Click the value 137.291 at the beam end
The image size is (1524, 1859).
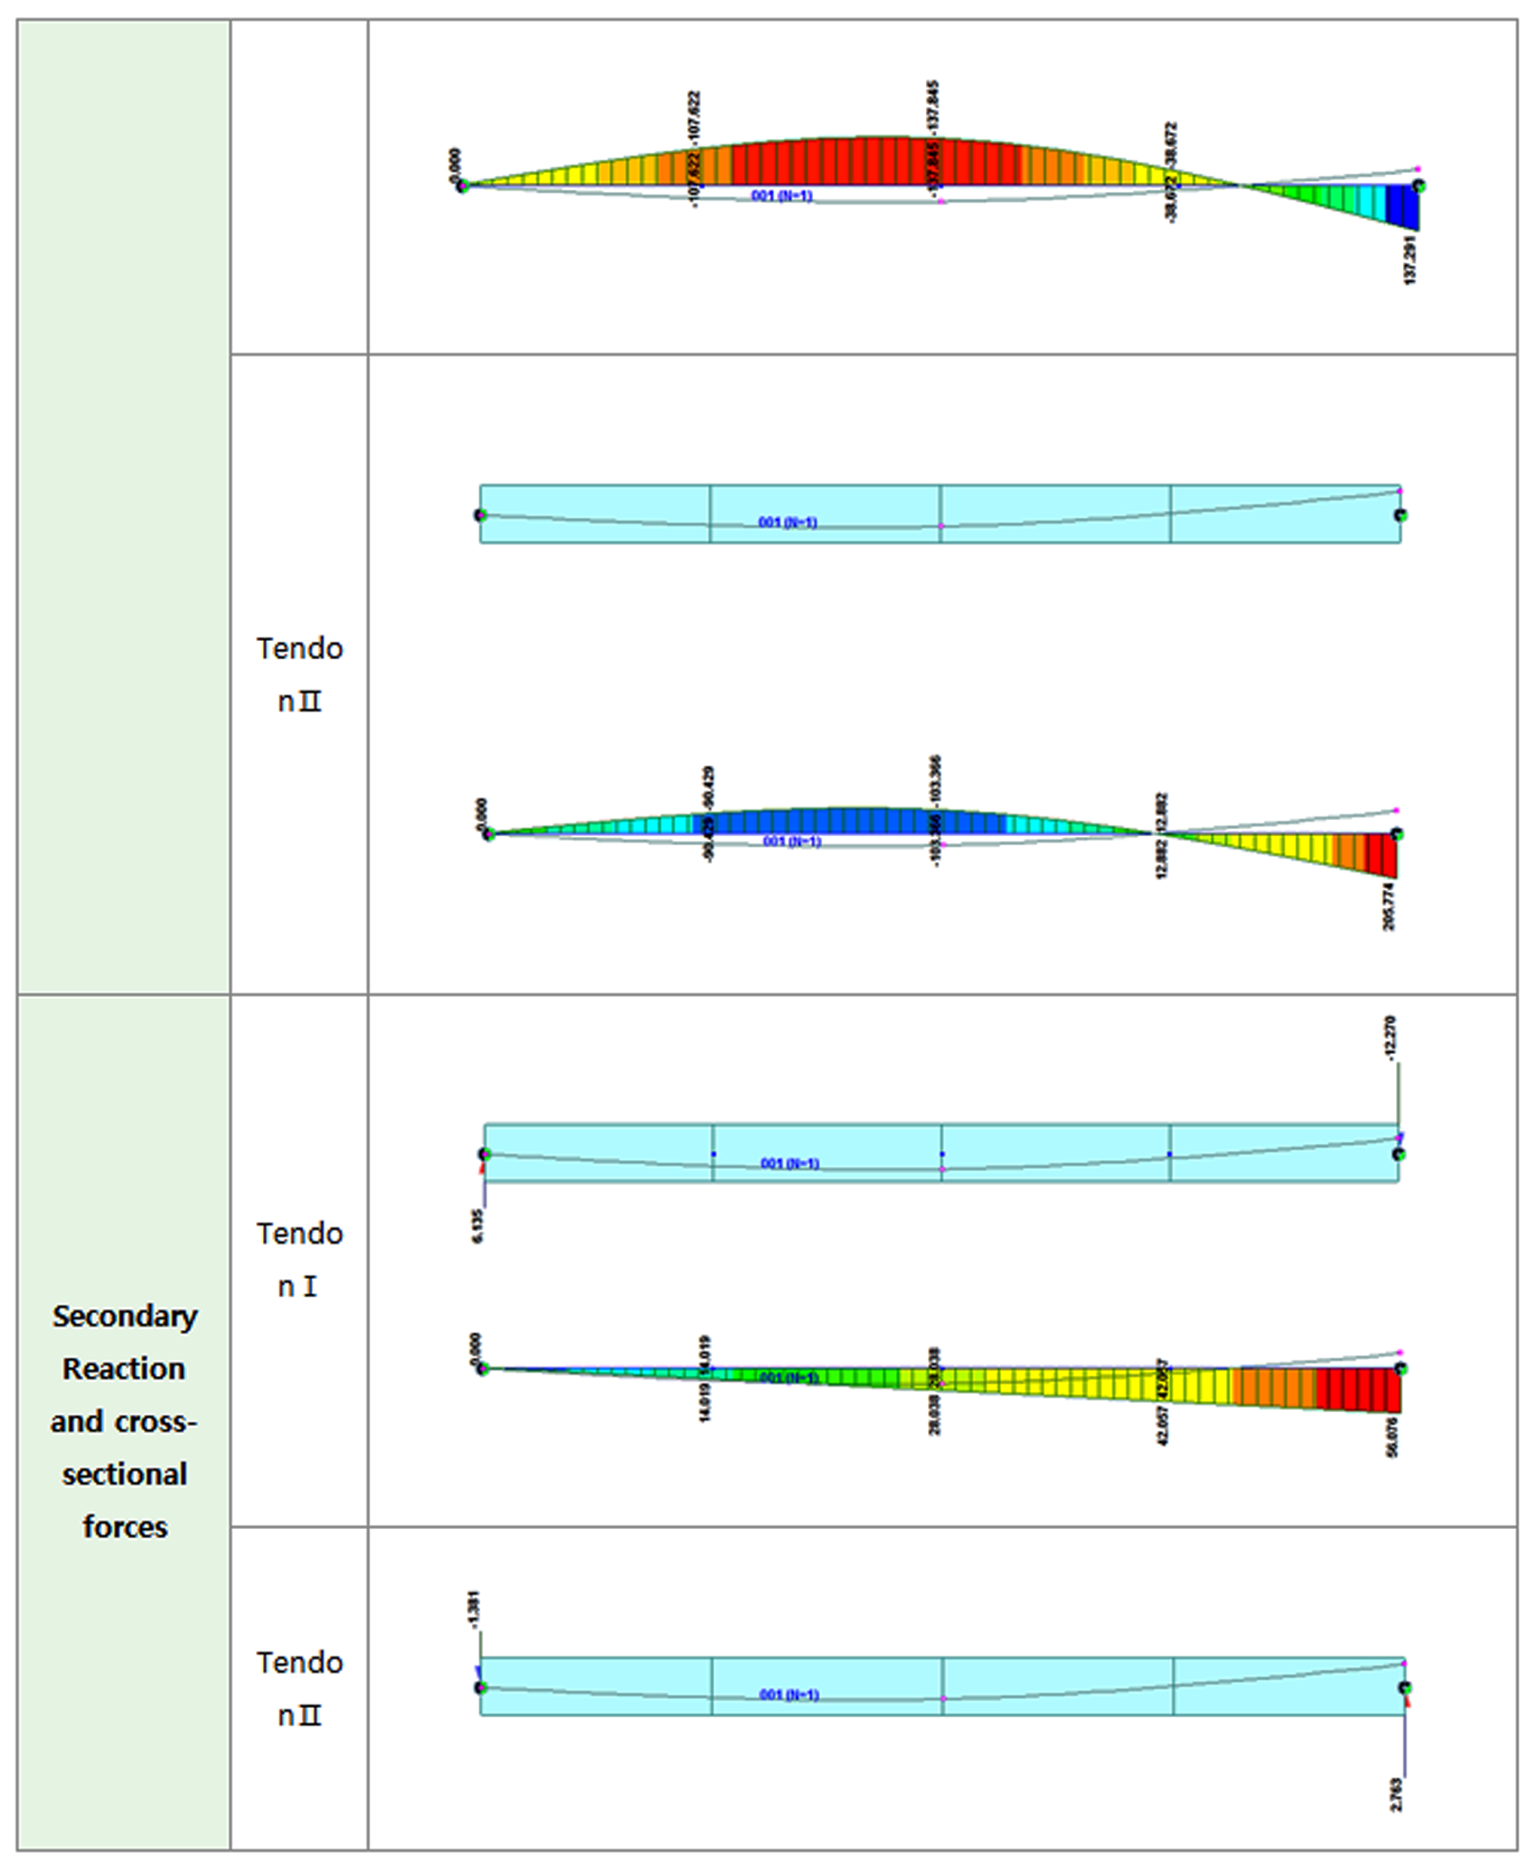pyautogui.click(x=1410, y=259)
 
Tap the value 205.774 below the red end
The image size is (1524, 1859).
pyautogui.click(x=1390, y=907)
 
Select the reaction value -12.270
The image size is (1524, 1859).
pyautogui.click(x=1390, y=1039)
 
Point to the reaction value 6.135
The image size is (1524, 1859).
pyautogui.click(x=478, y=1225)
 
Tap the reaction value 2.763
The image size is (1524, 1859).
pyautogui.click(x=1397, y=1795)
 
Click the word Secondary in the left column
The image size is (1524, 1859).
pyautogui.click(x=125, y=1317)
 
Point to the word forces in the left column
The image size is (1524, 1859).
pyautogui.click(x=125, y=1528)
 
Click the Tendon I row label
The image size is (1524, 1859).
pyautogui.click(x=299, y=1260)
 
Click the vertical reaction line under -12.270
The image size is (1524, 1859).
pyautogui.click(x=1398, y=1098)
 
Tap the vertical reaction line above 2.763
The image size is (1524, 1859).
pyautogui.click(x=1404, y=1743)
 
